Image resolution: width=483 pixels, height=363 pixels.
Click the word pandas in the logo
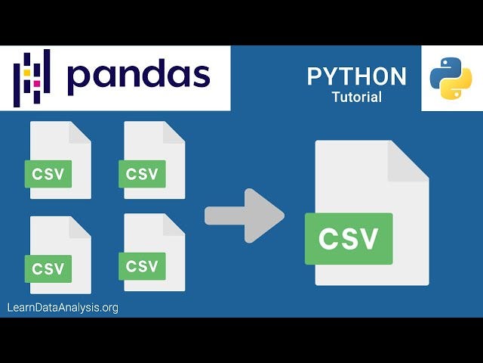click(138, 77)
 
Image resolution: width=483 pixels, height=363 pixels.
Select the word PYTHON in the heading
click(356, 76)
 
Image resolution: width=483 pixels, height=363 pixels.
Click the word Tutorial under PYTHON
click(356, 97)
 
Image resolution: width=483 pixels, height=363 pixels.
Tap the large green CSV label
click(349, 239)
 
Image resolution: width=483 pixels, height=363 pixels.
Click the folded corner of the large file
click(408, 160)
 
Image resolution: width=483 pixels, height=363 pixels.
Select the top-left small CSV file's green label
click(48, 175)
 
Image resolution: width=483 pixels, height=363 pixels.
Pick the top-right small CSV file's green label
click(143, 174)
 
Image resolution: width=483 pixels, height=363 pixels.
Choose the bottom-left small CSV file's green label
click(48, 268)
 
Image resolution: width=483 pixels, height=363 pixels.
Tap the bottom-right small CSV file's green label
click(143, 265)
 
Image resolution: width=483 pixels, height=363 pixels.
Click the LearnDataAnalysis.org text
click(63, 308)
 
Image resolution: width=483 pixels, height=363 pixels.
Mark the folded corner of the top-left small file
click(81, 132)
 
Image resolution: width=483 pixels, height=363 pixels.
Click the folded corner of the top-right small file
click(174, 132)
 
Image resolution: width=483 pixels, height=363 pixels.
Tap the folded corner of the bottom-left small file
click(81, 226)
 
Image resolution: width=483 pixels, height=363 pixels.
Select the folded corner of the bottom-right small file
click(174, 224)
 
